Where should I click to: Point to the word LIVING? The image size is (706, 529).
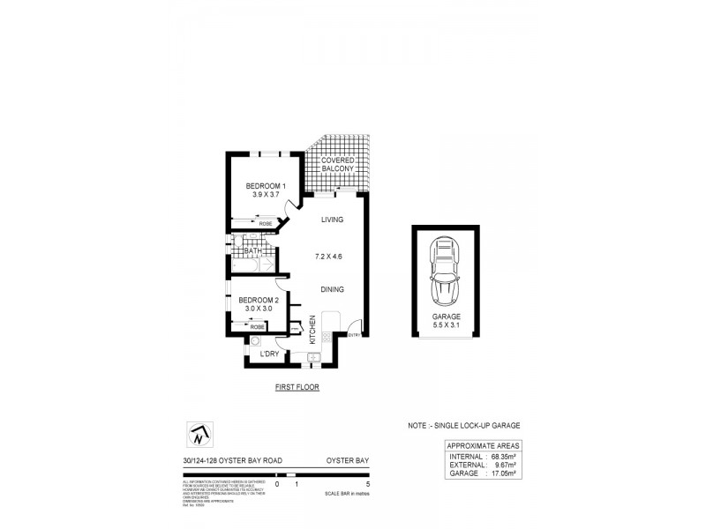coord(332,220)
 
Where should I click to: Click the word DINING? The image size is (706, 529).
coord(332,288)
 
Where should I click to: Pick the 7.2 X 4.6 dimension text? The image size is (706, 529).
coord(328,256)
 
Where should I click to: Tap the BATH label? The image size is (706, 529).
coord(252,252)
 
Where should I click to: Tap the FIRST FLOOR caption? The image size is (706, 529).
coord(296,387)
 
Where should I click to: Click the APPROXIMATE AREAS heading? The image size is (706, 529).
coord(484,446)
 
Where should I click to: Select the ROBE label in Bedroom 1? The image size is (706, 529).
coord(265,224)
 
